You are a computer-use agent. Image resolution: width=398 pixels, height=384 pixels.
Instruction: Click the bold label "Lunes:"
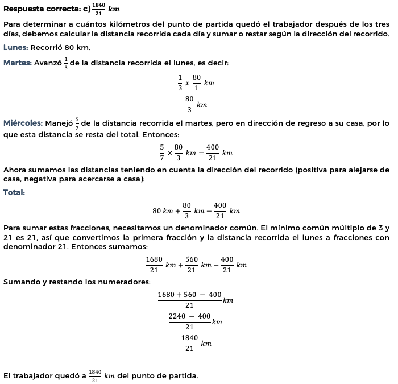point(15,47)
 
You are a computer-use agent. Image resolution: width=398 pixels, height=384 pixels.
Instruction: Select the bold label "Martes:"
point(17,62)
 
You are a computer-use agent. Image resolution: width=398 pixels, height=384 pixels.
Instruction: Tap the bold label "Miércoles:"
point(23,123)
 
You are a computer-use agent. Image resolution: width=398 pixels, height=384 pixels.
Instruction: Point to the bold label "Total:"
point(14,192)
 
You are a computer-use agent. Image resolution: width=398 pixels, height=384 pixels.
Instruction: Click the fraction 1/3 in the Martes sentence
point(66,62)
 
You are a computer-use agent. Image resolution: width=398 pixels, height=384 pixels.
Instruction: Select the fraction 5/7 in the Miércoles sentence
point(77,123)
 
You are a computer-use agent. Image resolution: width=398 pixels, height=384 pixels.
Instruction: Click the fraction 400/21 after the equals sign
point(213,153)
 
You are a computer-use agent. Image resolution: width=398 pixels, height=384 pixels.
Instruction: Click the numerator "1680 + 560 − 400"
point(190,294)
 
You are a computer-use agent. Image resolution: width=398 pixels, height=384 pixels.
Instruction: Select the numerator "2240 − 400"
point(190,316)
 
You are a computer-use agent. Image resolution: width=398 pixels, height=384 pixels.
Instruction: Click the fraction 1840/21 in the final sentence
point(96,376)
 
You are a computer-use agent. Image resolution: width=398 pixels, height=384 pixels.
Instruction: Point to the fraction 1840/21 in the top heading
point(98,10)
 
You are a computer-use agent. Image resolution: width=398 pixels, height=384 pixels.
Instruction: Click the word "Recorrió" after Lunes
point(47,47)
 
